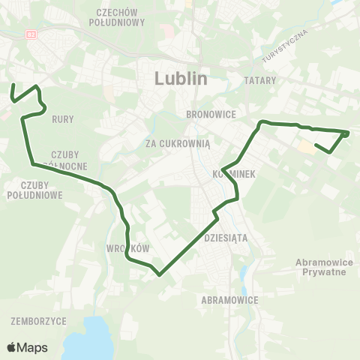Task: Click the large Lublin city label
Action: point(180,78)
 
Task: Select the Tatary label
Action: point(260,79)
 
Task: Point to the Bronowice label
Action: point(211,114)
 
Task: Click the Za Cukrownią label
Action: point(180,141)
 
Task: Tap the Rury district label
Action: point(62,118)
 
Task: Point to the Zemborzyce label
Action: point(39,320)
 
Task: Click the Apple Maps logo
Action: point(27,347)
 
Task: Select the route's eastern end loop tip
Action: point(347,133)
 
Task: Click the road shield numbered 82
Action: point(31,34)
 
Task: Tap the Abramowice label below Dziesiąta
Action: point(230,299)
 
